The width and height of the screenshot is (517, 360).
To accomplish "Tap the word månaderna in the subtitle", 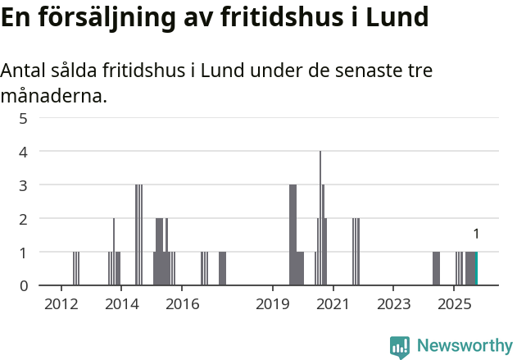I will pyautogui.click(x=53, y=97).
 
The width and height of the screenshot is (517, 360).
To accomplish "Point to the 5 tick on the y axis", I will pyautogui.click(x=24, y=118).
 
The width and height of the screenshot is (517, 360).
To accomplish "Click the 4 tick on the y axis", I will pyautogui.click(x=24, y=152).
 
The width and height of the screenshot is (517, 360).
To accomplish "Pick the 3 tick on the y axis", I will pyautogui.click(x=24, y=185).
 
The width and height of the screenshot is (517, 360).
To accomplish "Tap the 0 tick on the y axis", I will pyautogui.click(x=24, y=285).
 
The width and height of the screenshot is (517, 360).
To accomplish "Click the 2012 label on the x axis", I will pyautogui.click(x=61, y=305).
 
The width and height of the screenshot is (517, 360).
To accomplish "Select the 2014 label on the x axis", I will pyautogui.click(x=121, y=305).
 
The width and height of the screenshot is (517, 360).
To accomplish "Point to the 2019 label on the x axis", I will pyautogui.click(x=273, y=305).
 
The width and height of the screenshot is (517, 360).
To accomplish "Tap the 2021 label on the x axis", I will pyautogui.click(x=333, y=305).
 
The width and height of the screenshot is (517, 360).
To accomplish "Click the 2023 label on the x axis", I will pyautogui.click(x=393, y=305).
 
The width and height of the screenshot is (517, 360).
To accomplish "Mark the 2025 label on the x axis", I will pyautogui.click(x=453, y=305).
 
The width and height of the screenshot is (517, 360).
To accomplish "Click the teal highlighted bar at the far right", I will pyautogui.click(x=476, y=269).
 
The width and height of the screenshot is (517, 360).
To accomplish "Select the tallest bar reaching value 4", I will pyautogui.click(x=320, y=218).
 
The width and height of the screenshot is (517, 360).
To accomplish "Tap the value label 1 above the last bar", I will pyautogui.click(x=476, y=235).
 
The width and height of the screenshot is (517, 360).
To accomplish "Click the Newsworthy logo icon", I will pyautogui.click(x=400, y=347).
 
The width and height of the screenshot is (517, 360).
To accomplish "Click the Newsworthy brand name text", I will pyautogui.click(x=464, y=346).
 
